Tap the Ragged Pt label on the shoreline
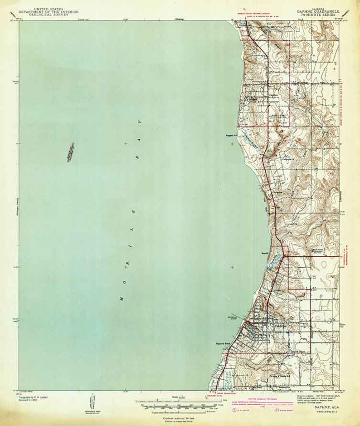(232, 135)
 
